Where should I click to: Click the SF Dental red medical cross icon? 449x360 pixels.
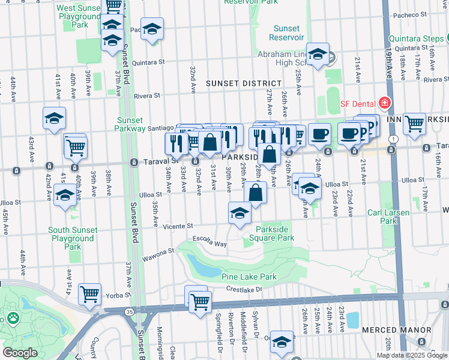(x=384, y=103)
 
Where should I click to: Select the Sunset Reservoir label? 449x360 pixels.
(x=286, y=33)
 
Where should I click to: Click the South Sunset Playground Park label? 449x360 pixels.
(x=72, y=238)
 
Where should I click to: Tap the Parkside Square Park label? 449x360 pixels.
(x=275, y=233)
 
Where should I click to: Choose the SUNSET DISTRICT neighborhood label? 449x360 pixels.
(x=243, y=83)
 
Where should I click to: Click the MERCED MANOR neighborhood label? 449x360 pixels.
(x=396, y=330)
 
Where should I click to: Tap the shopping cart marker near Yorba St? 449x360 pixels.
(x=90, y=294)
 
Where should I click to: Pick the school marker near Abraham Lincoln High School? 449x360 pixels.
(x=318, y=53)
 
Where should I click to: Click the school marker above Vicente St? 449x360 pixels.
(x=240, y=212)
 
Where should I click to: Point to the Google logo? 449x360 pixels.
(x=20, y=353)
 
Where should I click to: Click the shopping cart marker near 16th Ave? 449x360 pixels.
(x=414, y=124)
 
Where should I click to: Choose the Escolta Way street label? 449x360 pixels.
(x=209, y=242)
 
